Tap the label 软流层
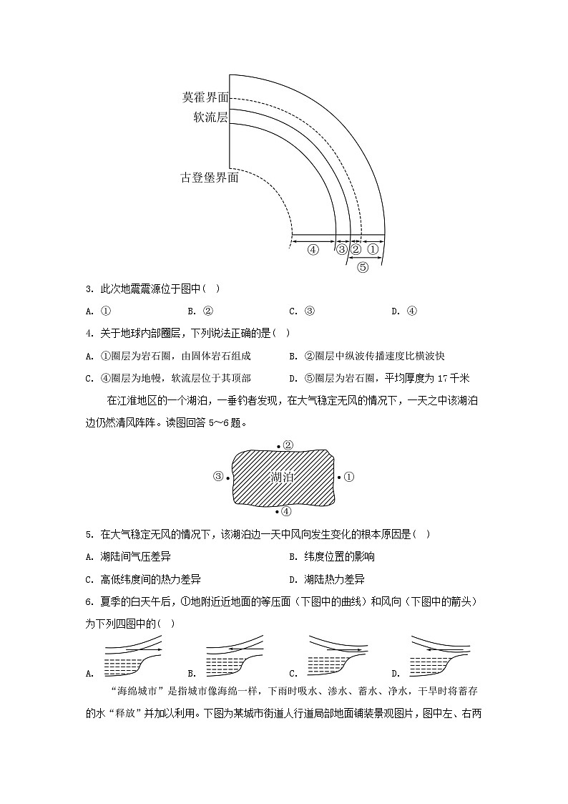click(x=210, y=117)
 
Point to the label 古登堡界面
click(x=209, y=178)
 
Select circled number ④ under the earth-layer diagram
click(x=313, y=249)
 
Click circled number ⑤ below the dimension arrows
click(x=362, y=268)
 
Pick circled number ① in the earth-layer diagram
click(x=373, y=249)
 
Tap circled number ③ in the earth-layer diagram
click(x=341, y=249)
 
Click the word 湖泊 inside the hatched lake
click(x=283, y=477)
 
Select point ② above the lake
click(x=287, y=445)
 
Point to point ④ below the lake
click(x=285, y=511)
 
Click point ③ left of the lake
click(x=219, y=477)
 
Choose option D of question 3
click(x=411, y=311)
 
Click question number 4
click(x=89, y=333)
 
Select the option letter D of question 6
click(x=395, y=673)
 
